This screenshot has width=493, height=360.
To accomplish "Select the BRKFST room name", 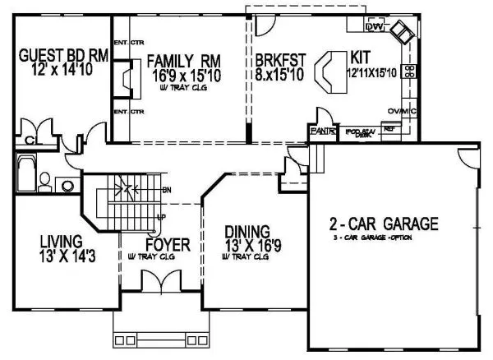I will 279,60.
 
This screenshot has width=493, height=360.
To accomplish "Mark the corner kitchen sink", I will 402,33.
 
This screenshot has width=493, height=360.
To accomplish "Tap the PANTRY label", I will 321,131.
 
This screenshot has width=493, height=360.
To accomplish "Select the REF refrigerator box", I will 389,129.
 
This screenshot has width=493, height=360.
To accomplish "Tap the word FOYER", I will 168,245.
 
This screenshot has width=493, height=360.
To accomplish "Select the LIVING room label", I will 60,242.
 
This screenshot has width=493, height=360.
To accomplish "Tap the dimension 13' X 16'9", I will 246,246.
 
